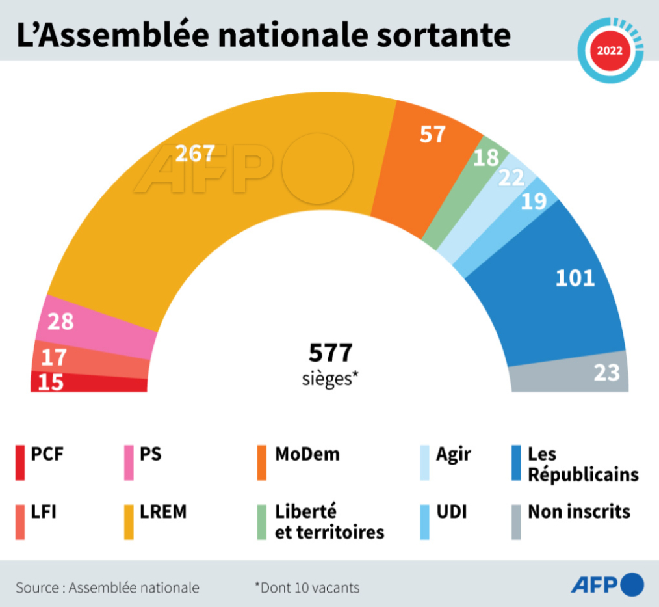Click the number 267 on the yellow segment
point(195,153)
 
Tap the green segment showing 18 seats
point(485,158)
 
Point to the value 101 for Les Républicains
point(575,278)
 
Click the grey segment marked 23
point(606,373)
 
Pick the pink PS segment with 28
point(60,321)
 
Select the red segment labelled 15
point(50,383)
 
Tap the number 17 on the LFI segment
point(53,357)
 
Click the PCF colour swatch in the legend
point(20,463)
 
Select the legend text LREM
point(163,511)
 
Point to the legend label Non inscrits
point(578,511)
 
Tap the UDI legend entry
point(451,511)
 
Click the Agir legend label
point(454,453)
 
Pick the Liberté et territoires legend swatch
point(261,522)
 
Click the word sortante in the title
point(444,36)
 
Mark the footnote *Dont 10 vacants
point(307,587)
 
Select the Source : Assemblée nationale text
point(108,587)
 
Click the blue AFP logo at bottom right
point(607,585)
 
